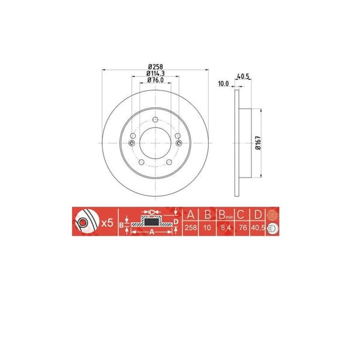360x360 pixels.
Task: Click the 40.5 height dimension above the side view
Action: tap(243, 76)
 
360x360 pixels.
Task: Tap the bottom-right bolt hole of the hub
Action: tap(169, 162)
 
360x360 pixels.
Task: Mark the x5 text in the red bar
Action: tap(108, 222)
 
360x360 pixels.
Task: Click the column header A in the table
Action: tap(190, 215)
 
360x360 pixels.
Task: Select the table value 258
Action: tap(190, 229)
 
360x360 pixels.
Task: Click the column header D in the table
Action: tap(257, 215)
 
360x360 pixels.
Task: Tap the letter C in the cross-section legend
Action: tap(152, 212)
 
